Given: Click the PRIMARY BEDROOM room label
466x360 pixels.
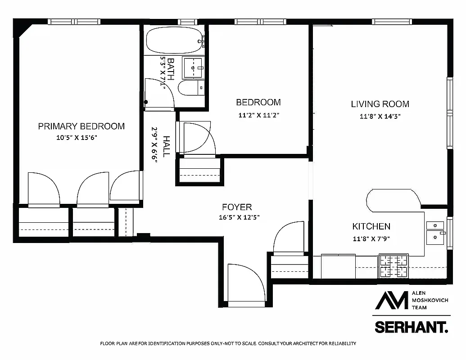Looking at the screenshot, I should (x=81, y=126).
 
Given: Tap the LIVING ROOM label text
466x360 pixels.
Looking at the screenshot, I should (x=380, y=104).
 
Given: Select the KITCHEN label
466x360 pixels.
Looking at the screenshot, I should (x=371, y=226).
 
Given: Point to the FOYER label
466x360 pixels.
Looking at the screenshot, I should (x=237, y=207).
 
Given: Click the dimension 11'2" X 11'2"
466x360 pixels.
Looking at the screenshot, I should (x=259, y=115).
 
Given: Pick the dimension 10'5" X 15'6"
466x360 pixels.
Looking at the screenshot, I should (x=77, y=138).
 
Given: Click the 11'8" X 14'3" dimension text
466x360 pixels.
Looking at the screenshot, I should (x=380, y=116).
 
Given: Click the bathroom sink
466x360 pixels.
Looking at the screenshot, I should (x=194, y=68).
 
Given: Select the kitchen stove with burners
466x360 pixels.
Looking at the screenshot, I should (x=394, y=265).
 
